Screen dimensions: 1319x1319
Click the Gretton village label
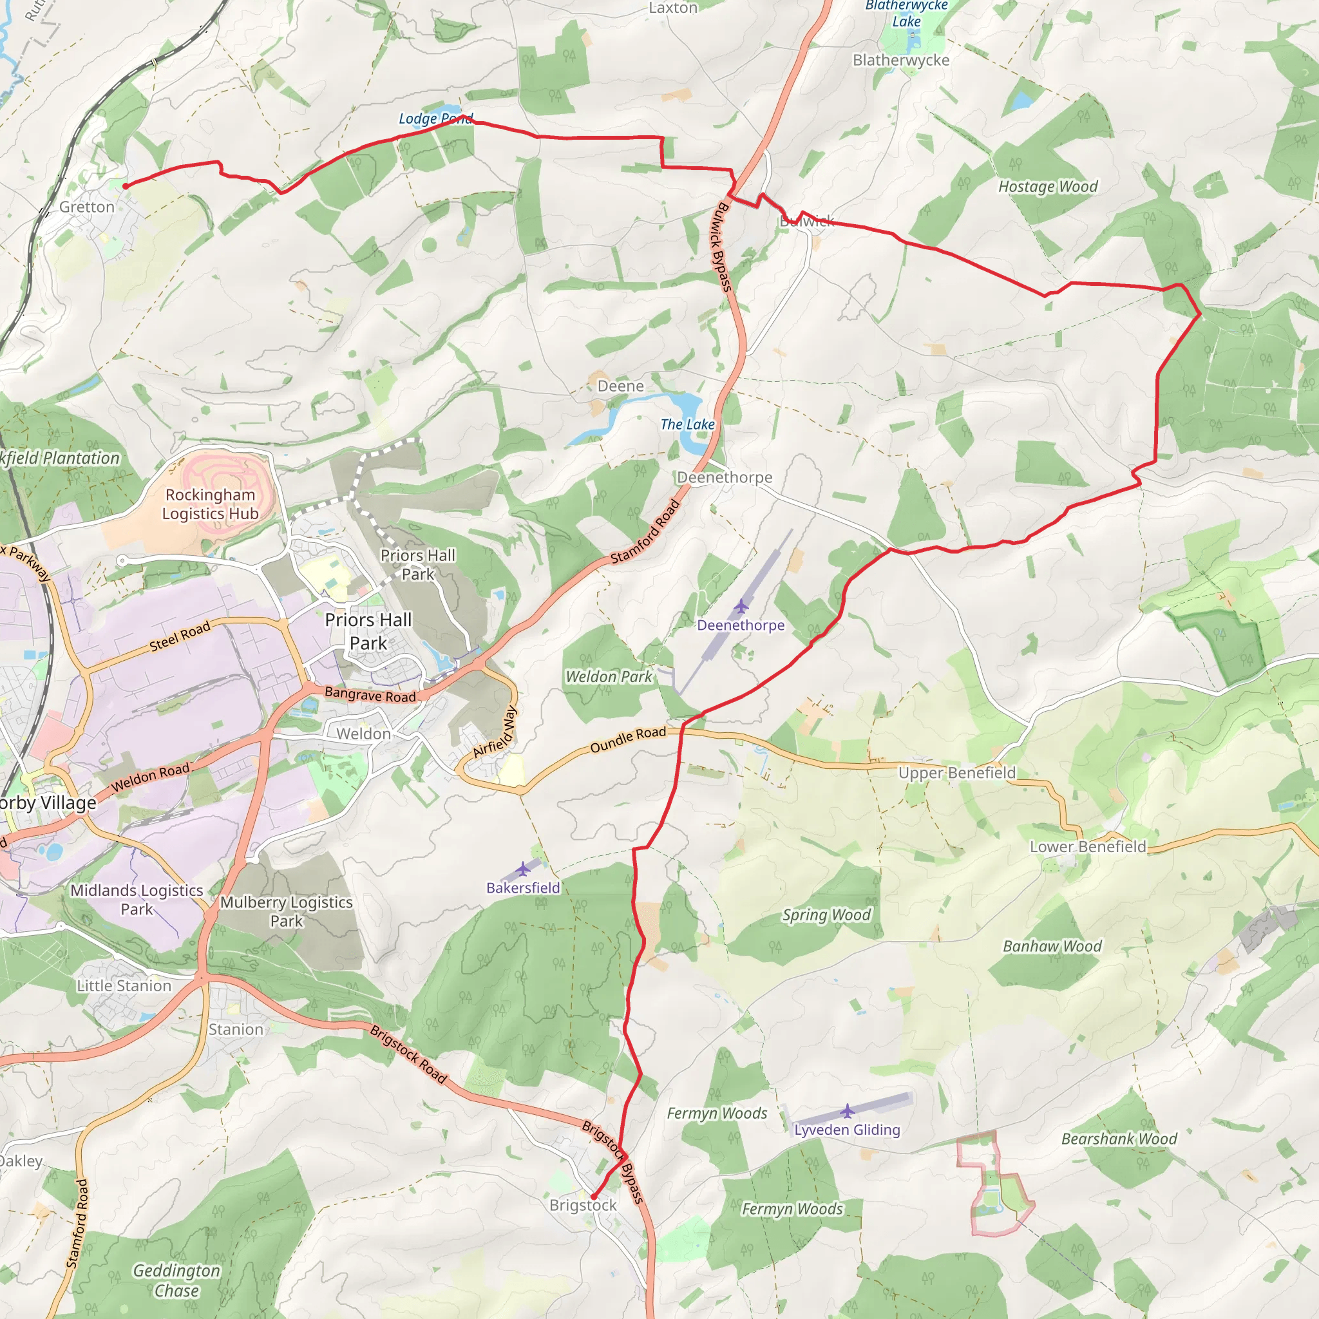(87, 207)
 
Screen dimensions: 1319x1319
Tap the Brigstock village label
(583, 1205)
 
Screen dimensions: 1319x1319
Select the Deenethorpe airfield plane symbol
(741, 606)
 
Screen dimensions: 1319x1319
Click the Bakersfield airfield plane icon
(523, 869)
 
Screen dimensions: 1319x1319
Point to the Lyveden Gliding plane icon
(848, 1112)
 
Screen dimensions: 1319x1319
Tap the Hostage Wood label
(1048, 186)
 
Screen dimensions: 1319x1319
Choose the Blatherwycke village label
(901, 60)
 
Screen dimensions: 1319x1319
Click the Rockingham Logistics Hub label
(210, 504)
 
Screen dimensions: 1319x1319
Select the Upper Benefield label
(956, 773)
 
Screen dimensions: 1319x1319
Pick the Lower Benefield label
(1088, 846)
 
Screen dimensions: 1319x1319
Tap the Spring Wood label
(827, 915)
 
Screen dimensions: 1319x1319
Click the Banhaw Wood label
(1052, 946)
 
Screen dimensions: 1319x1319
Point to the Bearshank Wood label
(1119, 1139)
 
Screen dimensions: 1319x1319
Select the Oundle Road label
(628, 739)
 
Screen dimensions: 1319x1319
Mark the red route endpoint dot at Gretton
(126, 185)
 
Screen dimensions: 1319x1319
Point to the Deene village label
(621, 386)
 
